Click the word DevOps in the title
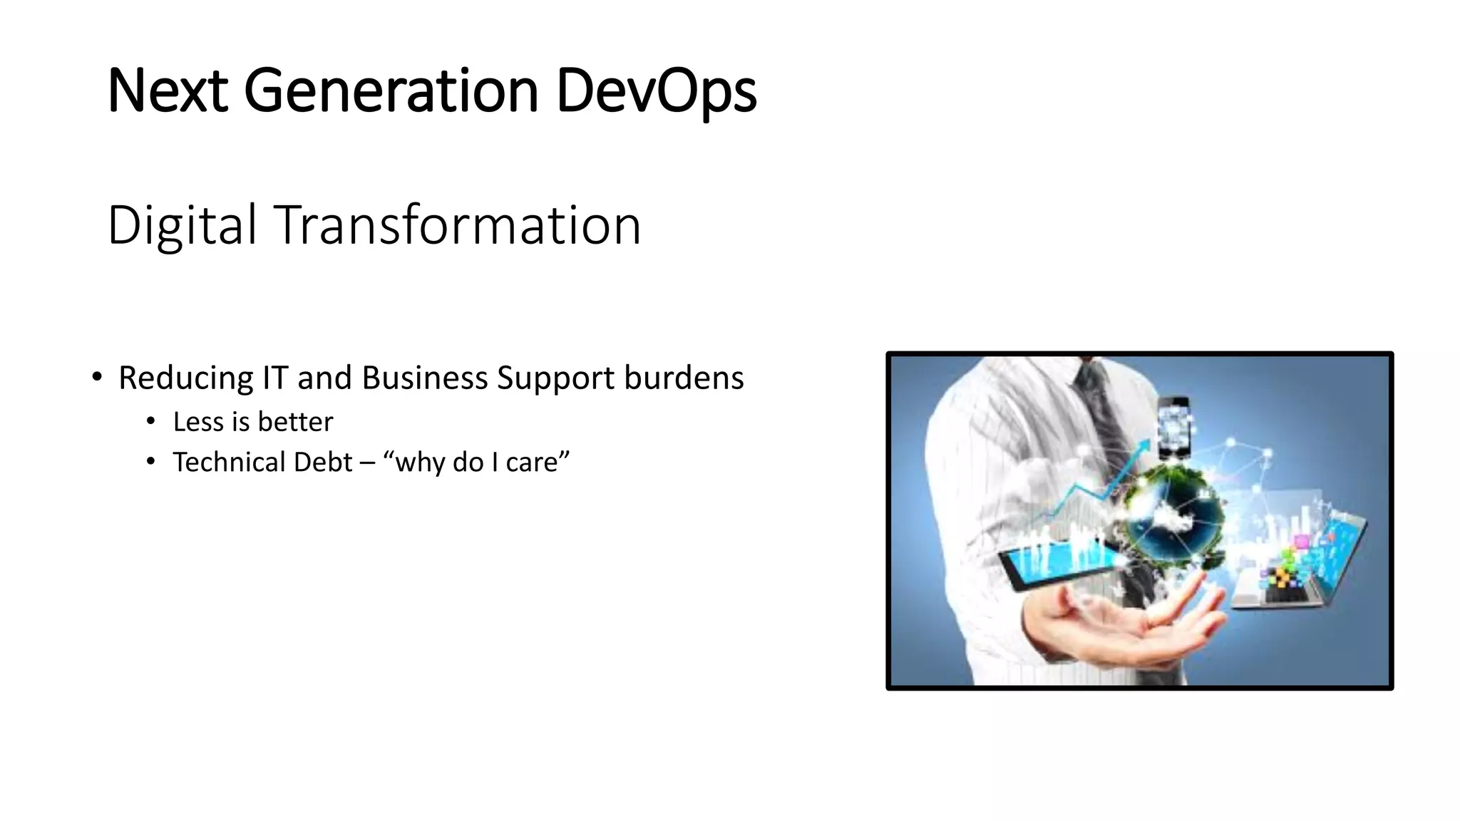(656, 91)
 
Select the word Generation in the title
(391, 91)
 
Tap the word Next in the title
(168, 91)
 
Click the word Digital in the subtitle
(182, 225)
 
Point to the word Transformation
(457, 225)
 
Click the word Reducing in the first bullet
(185, 378)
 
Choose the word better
(294, 422)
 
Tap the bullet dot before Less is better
(150, 422)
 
